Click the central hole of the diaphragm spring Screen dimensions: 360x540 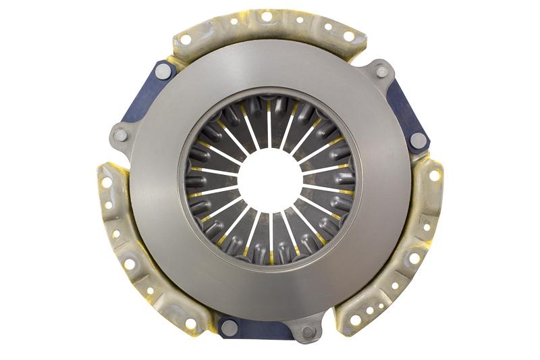click(x=269, y=179)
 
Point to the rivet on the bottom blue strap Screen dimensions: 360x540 click(x=229, y=327)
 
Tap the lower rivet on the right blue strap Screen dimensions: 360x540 click(x=418, y=140)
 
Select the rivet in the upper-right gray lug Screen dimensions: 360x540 click(x=381, y=71)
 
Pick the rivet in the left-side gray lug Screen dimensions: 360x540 click(x=121, y=135)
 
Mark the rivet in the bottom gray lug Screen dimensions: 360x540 click(x=308, y=332)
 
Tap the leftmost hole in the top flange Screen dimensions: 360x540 click(x=186, y=39)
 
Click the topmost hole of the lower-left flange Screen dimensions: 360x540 click(x=107, y=182)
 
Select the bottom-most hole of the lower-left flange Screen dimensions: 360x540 click(x=191, y=324)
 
